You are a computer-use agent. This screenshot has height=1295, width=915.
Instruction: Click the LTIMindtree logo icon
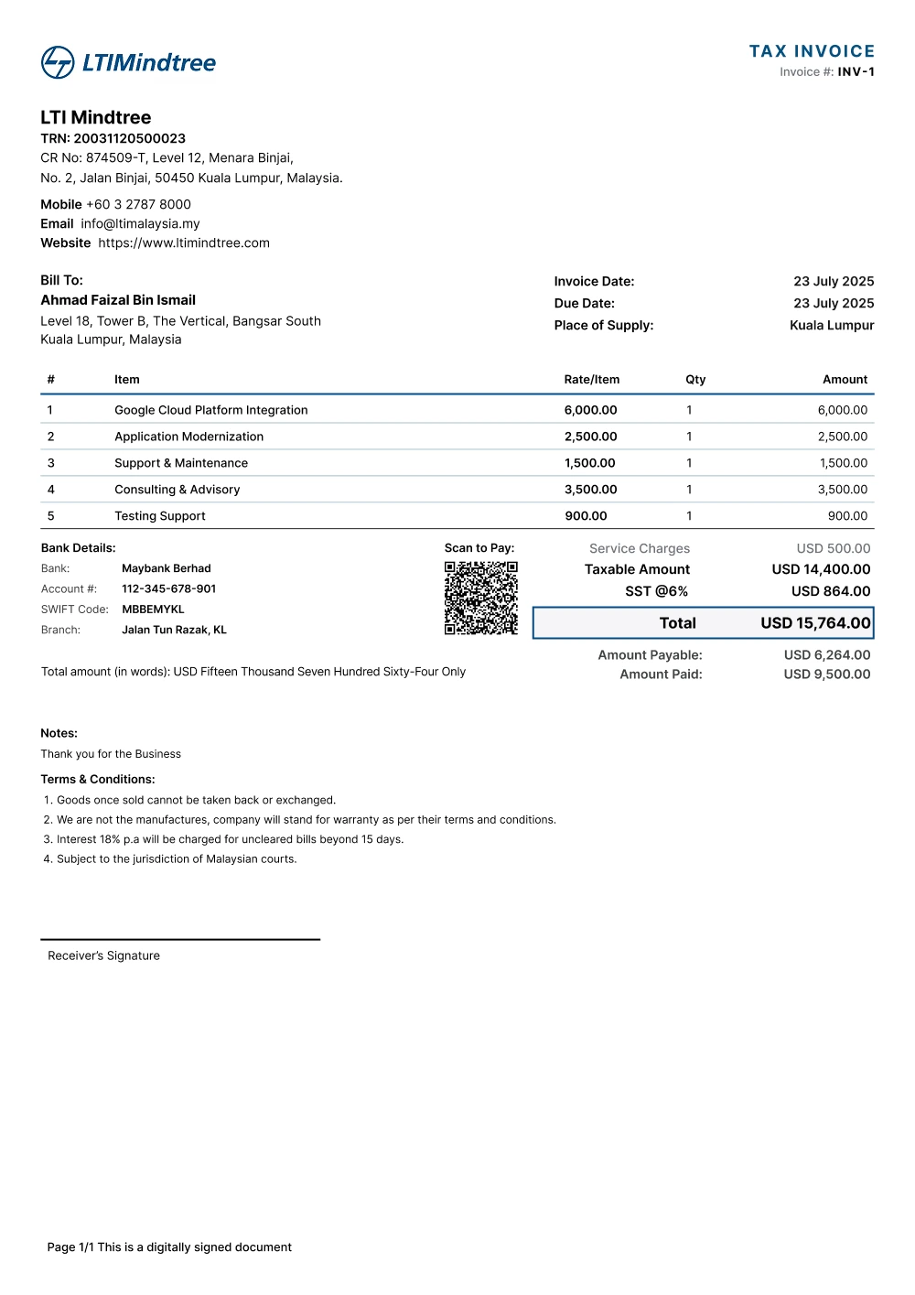tap(58, 62)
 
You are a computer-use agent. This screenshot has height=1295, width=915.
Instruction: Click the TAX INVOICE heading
tap(812, 51)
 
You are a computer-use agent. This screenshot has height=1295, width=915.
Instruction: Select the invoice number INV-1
tap(856, 72)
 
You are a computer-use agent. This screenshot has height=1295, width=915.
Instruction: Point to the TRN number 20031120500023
tap(129, 138)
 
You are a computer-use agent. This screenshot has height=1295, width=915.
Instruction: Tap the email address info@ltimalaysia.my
tap(140, 223)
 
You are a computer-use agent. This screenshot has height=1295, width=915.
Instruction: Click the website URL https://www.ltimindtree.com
tap(184, 243)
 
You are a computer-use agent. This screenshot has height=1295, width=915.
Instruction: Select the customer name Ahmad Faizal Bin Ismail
tap(118, 300)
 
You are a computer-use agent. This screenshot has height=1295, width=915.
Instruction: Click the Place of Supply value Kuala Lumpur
tap(832, 325)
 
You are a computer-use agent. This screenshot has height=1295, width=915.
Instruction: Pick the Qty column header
tap(695, 380)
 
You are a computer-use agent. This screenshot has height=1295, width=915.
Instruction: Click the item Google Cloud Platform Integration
tap(210, 410)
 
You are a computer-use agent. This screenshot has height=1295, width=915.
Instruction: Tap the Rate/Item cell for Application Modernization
tap(590, 437)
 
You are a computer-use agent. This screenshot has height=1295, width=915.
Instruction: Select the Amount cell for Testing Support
tap(847, 516)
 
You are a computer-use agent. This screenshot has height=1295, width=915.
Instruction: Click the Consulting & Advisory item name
tap(177, 490)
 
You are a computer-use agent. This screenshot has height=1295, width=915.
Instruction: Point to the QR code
tap(480, 598)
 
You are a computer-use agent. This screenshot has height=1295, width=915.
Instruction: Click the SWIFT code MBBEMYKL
tap(153, 610)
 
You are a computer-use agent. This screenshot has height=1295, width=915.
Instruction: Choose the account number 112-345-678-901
tap(168, 589)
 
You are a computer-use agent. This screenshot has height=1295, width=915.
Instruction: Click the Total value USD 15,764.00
tap(815, 623)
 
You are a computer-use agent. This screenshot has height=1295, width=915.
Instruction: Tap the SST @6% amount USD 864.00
tap(831, 591)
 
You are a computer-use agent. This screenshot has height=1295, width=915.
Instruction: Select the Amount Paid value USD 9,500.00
tap(827, 674)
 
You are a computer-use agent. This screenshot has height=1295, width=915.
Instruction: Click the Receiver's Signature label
tap(103, 955)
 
